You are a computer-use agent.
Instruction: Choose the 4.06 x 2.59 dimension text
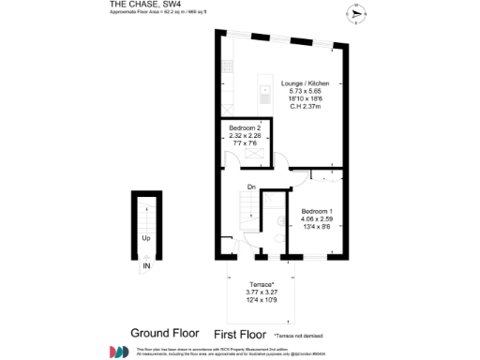[317, 219]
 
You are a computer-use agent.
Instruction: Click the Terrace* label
[261, 284]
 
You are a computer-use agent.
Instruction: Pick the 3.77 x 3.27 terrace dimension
[261, 292]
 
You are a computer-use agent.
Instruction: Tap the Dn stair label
[251, 187]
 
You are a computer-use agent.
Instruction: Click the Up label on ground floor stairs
[145, 238]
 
